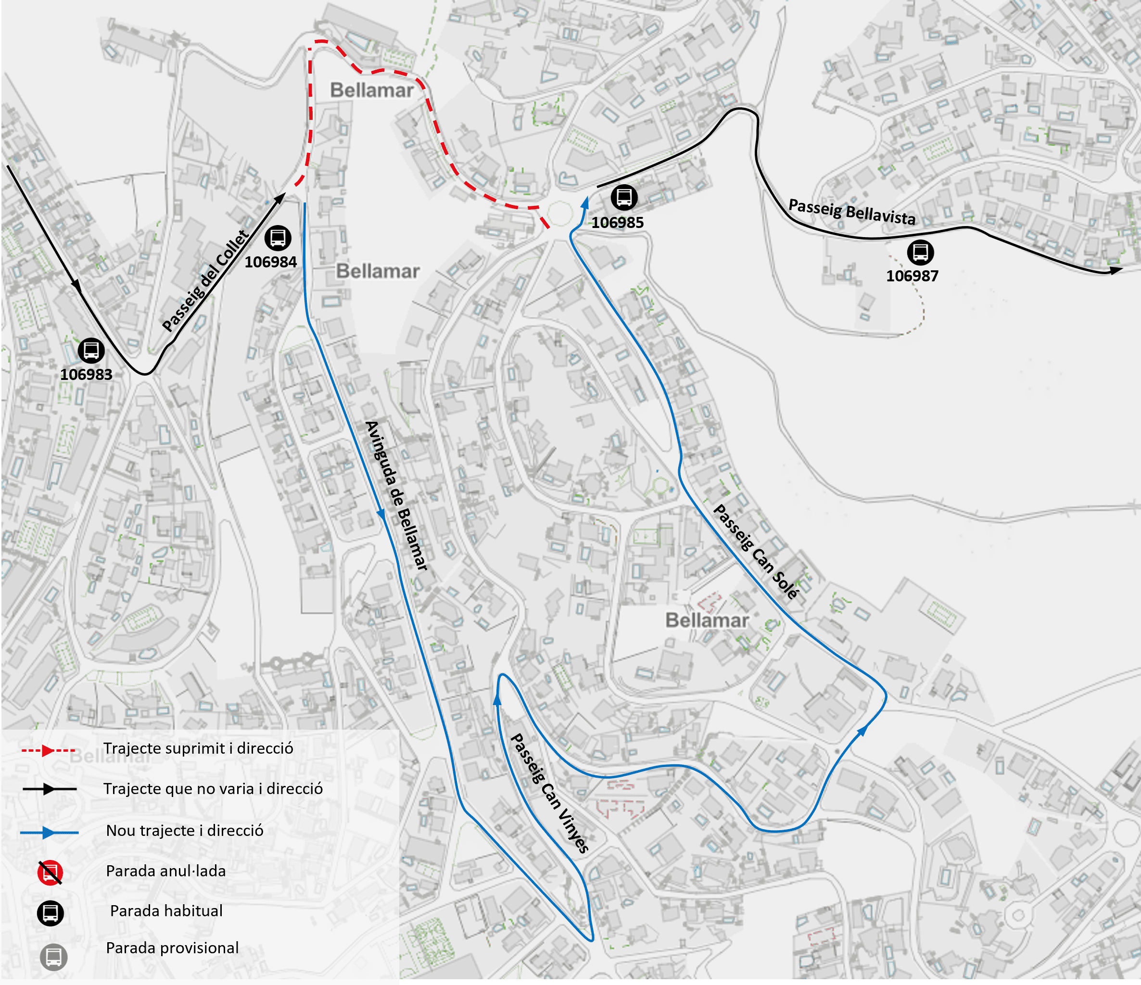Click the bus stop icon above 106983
[91, 350]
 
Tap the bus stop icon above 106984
[278, 238]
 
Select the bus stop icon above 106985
[624, 197]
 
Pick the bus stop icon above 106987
[920, 252]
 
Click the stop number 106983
[86, 374]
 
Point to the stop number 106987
[912, 276]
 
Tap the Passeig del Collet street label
[206, 281]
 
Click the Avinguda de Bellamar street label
[396, 495]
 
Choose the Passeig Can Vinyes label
[549, 793]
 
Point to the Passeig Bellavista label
[852, 212]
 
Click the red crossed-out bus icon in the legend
[50, 872]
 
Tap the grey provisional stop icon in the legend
[53, 957]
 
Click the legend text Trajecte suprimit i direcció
[198, 748]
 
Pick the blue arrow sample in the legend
[49, 833]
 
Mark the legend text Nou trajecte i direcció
[185, 830]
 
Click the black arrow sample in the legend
[49, 789]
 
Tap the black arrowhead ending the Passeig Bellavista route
[1116, 270]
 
